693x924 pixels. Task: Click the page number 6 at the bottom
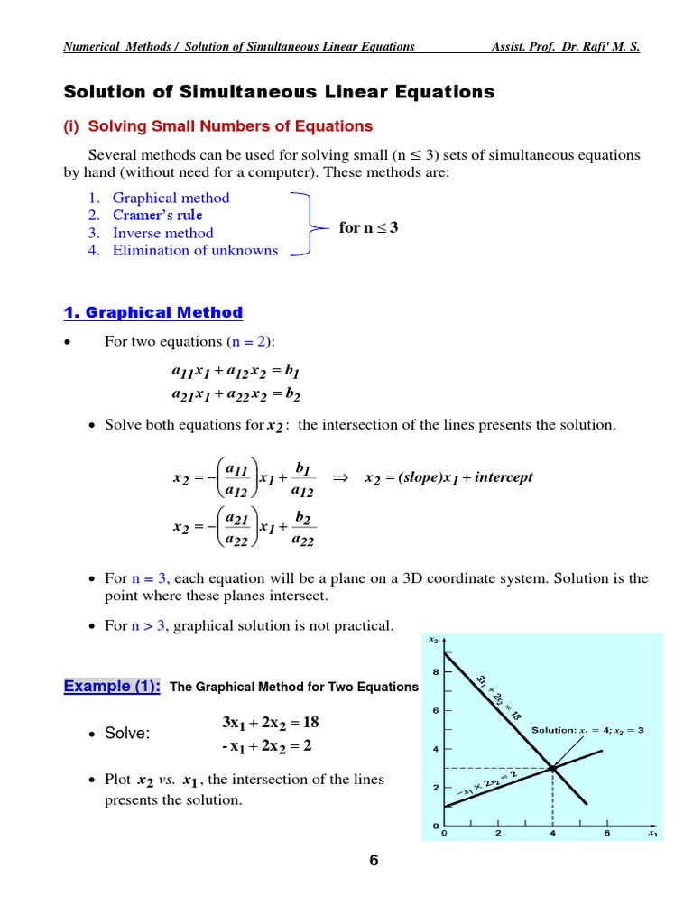pyautogui.click(x=373, y=860)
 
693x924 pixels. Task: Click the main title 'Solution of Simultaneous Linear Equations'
pyautogui.click(x=279, y=91)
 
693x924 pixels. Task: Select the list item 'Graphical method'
pyautogui.click(x=171, y=198)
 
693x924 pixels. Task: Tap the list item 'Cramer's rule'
pyautogui.click(x=157, y=215)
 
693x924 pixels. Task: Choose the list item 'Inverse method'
pyautogui.click(x=162, y=233)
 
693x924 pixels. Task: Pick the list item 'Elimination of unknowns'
pyautogui.click(x=195, y=250)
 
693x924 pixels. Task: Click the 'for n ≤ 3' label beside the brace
pyautogui.click(x=368, y=227)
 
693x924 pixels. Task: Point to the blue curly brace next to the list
pyautogui.click(x=305, y=225)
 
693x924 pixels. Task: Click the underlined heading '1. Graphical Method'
pyautogui.click(x=153, y=312)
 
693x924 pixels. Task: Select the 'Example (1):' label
pyautogui.click(x=112, y=686)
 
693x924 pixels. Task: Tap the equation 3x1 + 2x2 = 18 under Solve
pyautogui.click(x=271, y=723)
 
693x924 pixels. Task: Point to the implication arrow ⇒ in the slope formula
pyautogui.click(x=340, y=477)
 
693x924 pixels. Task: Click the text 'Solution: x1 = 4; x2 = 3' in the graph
pyautogui.click(x=587, y=729)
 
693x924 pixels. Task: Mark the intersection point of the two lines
pyautogui.click(x=552, y=769)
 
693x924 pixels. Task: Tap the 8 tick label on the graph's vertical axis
pyautogui.click(x=436, y=671)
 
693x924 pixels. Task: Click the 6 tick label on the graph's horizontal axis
pyautogui.click(x=606, y=834)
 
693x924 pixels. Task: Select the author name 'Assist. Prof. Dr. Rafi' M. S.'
pyautogui.click(x=565, y=46)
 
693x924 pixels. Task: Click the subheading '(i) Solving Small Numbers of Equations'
pyautogui.click(x=217, y=125)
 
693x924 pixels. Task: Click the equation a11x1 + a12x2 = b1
pyautogui.click(x=236, y=371)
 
